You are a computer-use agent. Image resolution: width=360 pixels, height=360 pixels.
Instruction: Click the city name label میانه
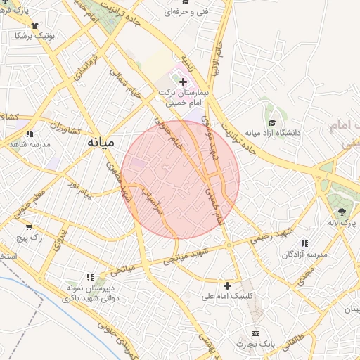click(x=100, y=141)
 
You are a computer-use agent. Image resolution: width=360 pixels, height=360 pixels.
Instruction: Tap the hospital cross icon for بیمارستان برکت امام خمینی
click(x=184, y=82)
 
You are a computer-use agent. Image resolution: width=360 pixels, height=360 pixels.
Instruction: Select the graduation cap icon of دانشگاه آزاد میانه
click(x=270, y=120)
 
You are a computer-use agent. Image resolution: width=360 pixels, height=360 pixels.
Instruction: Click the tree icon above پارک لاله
click(x=342, y=211)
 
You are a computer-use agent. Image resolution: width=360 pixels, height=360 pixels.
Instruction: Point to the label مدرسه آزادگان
click(x=304, y=254)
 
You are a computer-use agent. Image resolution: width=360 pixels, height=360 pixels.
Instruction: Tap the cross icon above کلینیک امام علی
click(x=227, y=285)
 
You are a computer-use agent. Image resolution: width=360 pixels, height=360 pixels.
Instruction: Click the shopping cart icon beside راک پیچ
click(x=29, y=227)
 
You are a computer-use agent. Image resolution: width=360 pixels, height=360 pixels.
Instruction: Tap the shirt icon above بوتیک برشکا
click(x=33, y=23)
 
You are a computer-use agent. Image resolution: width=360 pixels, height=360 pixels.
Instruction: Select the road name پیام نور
click(x=79, y=187)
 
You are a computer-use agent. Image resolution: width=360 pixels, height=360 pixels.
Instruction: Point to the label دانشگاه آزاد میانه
click(x=272, y=132)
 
